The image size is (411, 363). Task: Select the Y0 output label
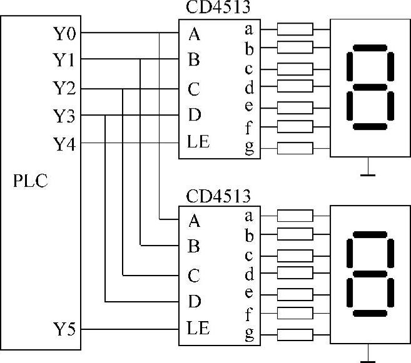65,31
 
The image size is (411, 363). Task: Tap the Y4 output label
65,144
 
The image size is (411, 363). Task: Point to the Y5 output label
65,328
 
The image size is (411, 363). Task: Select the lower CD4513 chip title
218,196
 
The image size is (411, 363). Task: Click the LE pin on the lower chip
198,327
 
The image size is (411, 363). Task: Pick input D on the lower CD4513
194,302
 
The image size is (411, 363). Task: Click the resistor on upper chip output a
295,29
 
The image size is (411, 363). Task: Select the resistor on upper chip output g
295,148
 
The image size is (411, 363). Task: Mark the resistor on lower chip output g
295,334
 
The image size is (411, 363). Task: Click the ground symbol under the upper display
369,172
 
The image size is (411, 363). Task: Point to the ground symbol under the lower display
369,357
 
